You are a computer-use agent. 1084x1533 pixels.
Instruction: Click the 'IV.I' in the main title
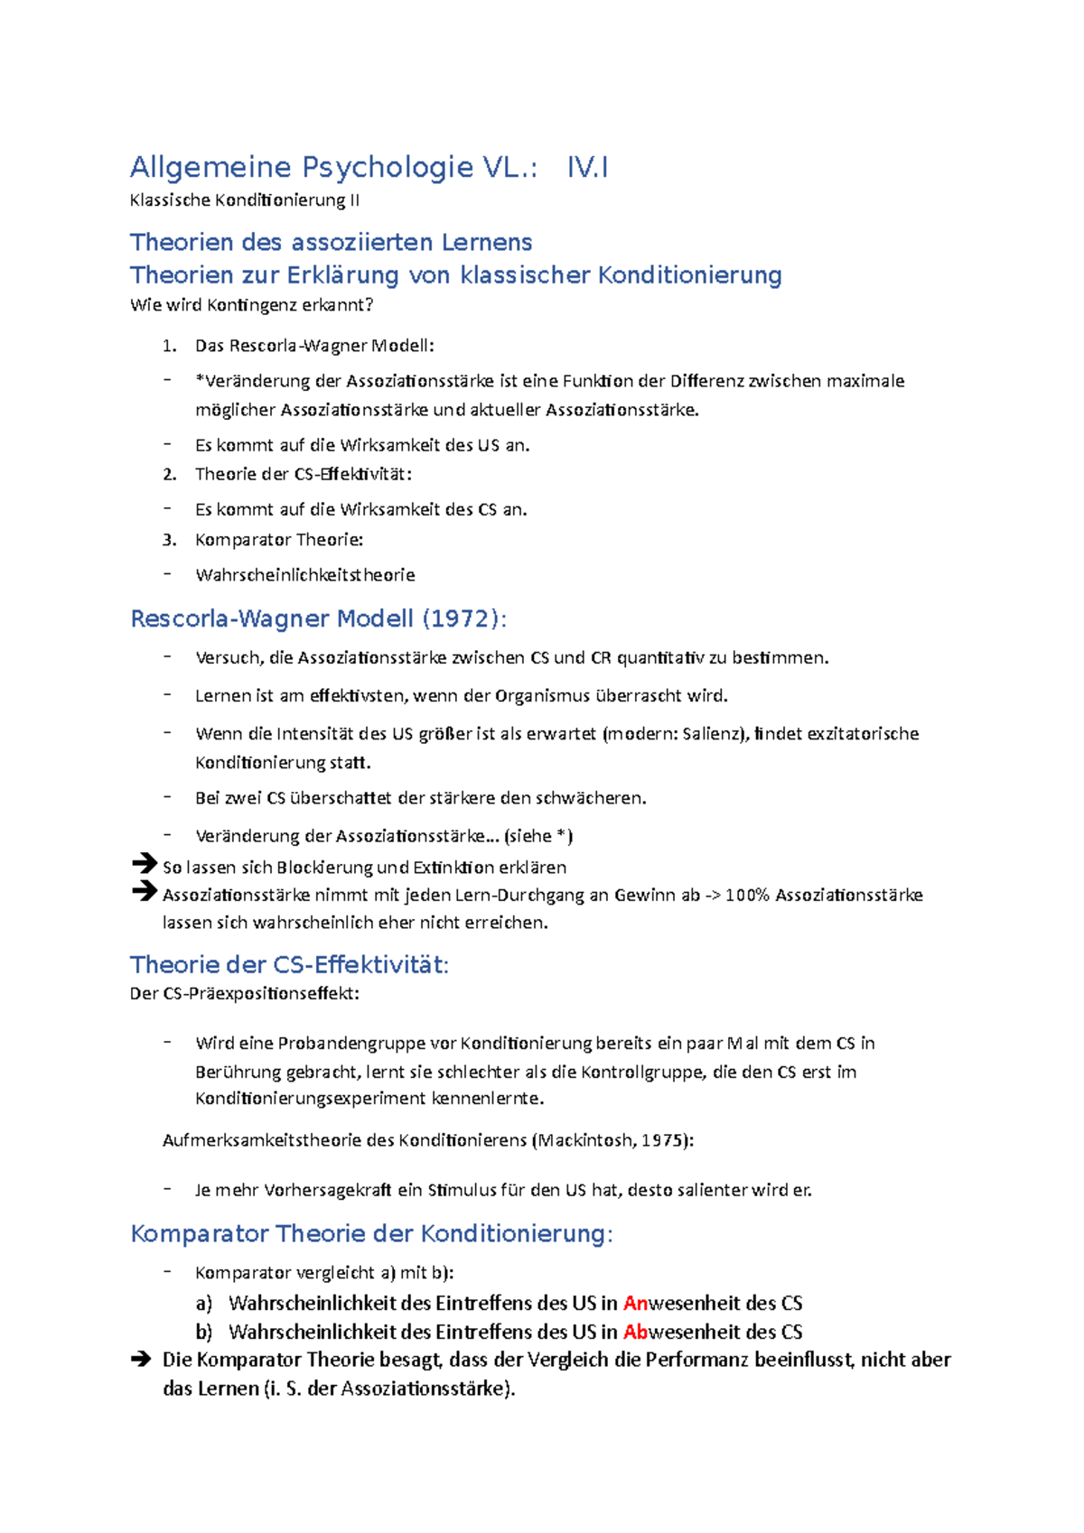pos(587,168)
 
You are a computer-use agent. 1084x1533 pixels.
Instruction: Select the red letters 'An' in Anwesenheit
pos(635,1303)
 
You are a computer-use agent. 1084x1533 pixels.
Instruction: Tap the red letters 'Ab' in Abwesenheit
pos(635,1332)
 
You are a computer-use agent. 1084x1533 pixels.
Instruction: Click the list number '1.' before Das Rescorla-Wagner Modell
pos(169,346)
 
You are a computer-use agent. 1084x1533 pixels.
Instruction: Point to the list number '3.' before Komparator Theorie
pos(169,540)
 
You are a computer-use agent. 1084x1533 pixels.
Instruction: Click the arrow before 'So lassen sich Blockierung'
pos(144,864)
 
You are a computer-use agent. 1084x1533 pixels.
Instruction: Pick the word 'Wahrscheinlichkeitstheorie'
pos(305,575)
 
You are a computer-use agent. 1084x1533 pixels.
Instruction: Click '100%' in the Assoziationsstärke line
pos(746,895)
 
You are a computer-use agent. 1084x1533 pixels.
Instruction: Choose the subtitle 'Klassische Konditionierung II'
pos(244,200)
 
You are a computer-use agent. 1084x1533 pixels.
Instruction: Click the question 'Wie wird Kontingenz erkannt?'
pos(251,305)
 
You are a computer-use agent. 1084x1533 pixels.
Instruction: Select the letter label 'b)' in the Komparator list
pos(203,1332)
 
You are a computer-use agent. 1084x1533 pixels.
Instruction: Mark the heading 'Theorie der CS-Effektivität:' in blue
pos(289,965)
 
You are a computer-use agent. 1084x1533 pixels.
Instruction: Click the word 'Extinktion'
pos(453,868)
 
